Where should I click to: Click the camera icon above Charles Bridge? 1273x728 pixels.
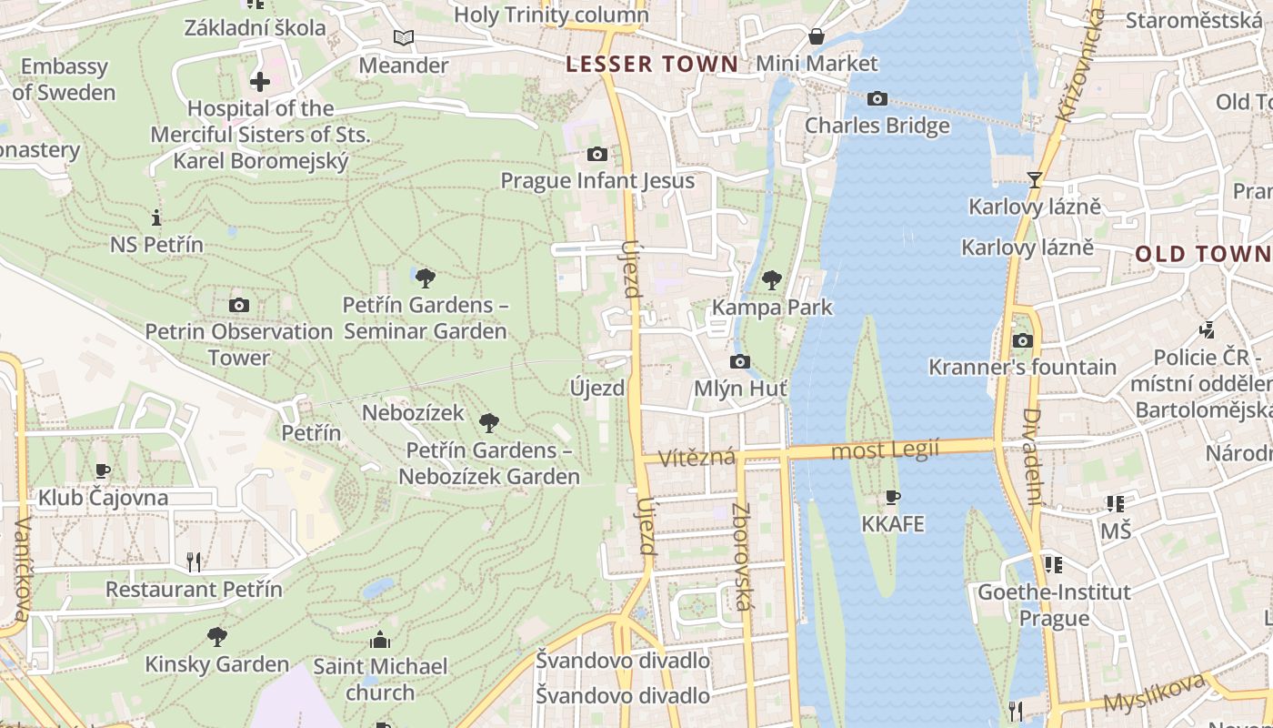(x=877, y=98)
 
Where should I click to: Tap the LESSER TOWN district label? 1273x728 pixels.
(x=651, y=64)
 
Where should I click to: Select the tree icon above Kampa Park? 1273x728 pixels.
(x=772, y=279)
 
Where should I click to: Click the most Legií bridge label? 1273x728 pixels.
(x=884, y=450)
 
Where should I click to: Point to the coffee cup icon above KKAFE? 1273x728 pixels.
(x=892, y=497)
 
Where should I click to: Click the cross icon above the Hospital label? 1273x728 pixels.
(x=260, y=82)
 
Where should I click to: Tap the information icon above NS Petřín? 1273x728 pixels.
(x=156, y=217)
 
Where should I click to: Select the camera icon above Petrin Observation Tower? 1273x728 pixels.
(x=239, y=305)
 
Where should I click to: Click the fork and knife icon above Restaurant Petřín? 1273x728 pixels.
(x=194, y=561)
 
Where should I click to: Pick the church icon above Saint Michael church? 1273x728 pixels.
(x=380, y=640)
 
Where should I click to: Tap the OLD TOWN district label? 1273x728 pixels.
(x=1202, y=254)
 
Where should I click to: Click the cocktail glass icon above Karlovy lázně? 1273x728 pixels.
(x=1034, y=179)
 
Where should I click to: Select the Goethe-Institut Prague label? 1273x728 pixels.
(x=1054, y=605)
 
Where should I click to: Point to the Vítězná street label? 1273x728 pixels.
(x=697, y=457)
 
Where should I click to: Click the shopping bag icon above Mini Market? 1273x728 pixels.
(x=817, y=36)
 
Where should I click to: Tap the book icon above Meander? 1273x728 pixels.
(x=403, y=38)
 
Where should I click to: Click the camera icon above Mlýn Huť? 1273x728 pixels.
(x=740, y=362)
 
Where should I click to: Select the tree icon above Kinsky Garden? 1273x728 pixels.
(x=216, y=636)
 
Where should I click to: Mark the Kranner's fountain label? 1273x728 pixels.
(x=1022, y=367)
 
